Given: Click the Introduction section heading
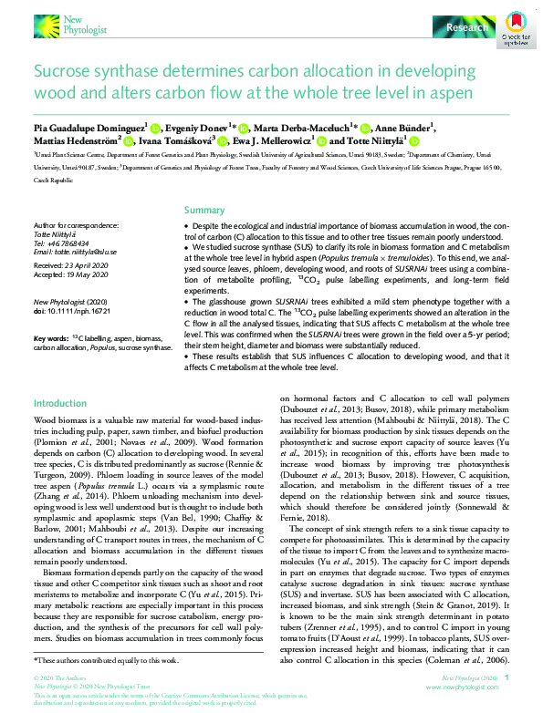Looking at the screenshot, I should point(60,403).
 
